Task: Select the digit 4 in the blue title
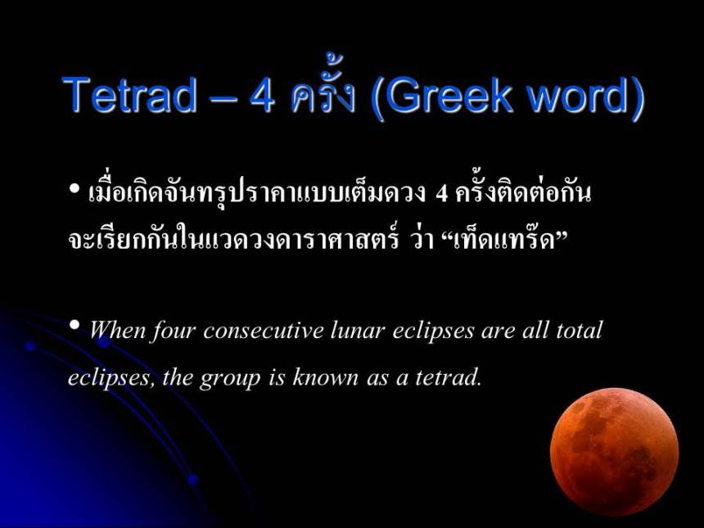[262, 96]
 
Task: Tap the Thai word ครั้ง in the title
[322, 96]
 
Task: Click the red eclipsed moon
[614, 451]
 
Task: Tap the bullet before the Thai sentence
[74, 191]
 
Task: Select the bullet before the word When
[74, 327]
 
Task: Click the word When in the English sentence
[119, 331]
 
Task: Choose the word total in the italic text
[578, 331]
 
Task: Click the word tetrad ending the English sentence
[450, 377]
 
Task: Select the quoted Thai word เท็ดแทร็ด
[508, 239]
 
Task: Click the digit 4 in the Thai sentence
[441, 194]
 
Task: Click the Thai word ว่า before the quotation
[421, 239]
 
